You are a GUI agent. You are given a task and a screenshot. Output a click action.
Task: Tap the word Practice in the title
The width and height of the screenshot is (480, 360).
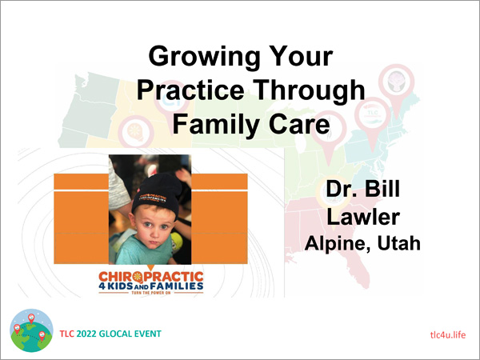click(190, 90)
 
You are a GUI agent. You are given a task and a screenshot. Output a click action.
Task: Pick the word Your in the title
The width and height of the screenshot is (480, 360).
click(302, 56)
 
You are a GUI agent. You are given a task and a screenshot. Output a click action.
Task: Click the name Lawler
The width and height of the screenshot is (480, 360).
click(363, 217)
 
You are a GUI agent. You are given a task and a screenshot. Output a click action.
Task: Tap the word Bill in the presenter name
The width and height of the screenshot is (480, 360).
click(382, 189)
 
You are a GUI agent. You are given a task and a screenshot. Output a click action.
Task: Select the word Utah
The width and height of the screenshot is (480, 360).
click(398, 243)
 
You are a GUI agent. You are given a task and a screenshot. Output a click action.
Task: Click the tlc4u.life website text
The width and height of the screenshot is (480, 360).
click(448, 334)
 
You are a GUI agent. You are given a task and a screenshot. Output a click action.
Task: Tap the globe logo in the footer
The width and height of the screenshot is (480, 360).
click(31, 330)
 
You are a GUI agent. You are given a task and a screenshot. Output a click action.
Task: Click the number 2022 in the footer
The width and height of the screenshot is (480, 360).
click(86, 334)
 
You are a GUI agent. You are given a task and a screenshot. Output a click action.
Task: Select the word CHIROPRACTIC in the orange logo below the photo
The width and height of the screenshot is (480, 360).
click(151, 277)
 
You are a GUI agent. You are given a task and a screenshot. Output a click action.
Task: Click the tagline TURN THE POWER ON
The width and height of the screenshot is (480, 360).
click(151, 293)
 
